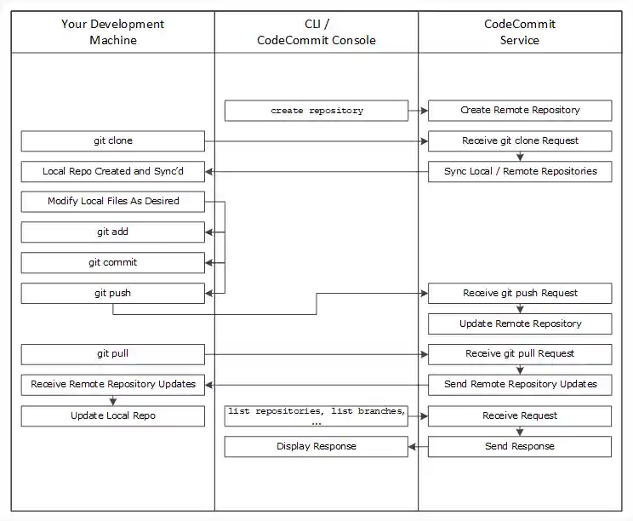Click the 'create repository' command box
click(316, 111)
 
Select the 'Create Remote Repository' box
click(520, 111)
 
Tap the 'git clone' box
click(113, 141)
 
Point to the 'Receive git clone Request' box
click(520, 141)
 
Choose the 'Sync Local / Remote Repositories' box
click(520, 172)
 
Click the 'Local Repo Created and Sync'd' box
click(113, 172)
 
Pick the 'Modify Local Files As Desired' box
click(113, 202)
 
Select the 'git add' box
click(113, 232)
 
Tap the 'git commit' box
click(113, 263)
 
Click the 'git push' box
click(113, 294)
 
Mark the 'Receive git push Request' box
click(520, 294)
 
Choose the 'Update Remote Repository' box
click(520, 324)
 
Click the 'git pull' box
click(113, 354)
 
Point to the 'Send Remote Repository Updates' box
click(520, 385)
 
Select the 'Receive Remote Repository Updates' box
click(113, 385)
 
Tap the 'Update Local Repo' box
click(113, 416)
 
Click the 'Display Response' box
click(316, 447)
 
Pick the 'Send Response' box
click(520, 447)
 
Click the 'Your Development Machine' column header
click(113, 32)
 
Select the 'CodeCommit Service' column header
click(520, 32)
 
